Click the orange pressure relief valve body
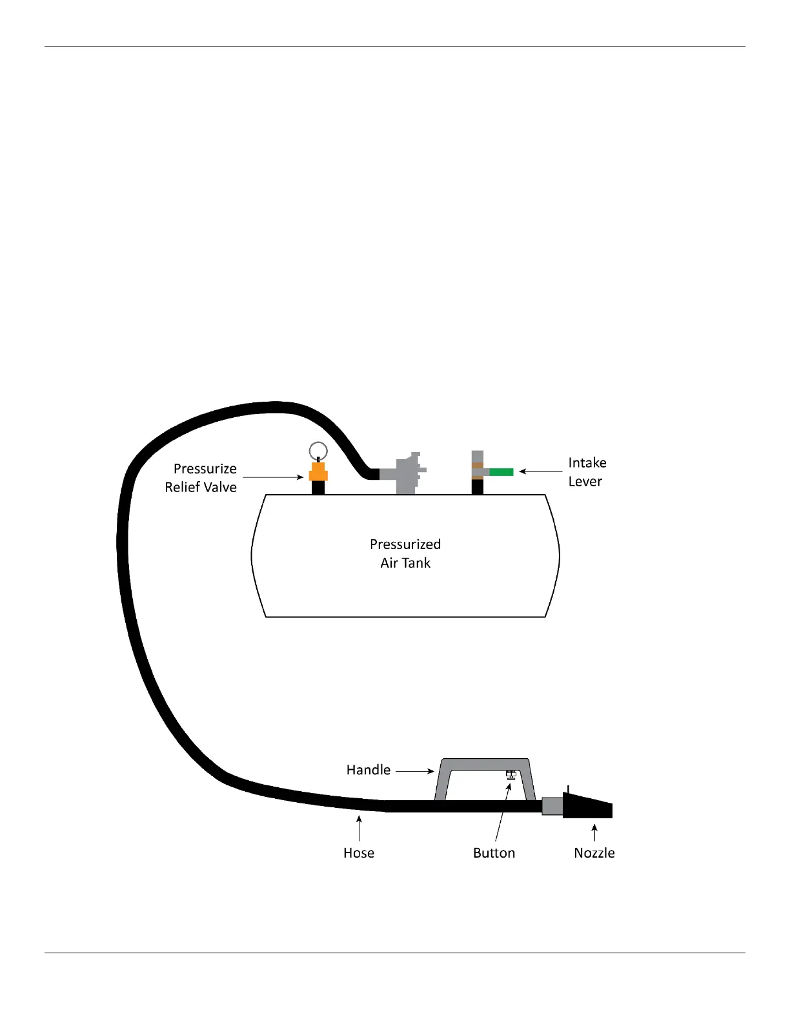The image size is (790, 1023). point(318,471)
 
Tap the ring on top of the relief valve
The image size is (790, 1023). point(318,450)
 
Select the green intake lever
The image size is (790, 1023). point(501,472)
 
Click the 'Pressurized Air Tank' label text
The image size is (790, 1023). point(405,553)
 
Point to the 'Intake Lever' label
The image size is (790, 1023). point(587,472)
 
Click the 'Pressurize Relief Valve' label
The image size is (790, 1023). point(201,478)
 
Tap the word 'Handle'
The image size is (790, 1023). point(369,770)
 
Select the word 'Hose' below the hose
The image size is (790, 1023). point(359,853)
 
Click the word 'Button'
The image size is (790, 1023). point(494,853)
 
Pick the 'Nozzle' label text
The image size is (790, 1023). point(594,853)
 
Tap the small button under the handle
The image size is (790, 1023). point(511,774)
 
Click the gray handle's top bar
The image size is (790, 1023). point(485,765)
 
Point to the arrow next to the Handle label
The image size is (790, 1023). point(414,770)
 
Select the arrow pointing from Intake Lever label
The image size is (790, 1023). point(541,471)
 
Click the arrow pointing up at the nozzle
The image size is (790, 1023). point(594,832)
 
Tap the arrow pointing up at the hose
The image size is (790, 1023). point(359,828)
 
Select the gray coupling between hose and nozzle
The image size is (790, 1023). point(552,806)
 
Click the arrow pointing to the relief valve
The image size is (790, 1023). point(272,477)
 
